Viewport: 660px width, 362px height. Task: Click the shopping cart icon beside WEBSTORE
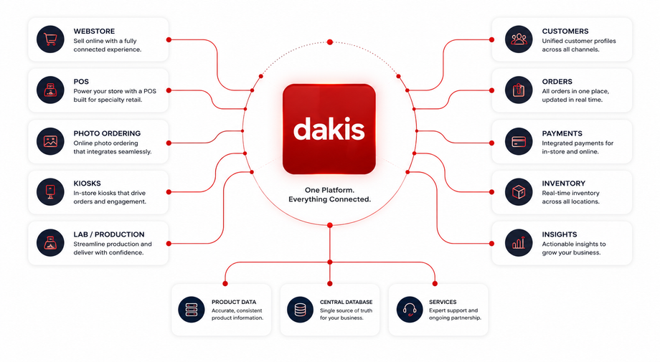[x=50, y=39]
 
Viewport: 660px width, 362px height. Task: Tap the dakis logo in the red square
[x=329, y=129]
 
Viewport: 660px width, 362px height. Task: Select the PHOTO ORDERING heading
[x=107, y=133]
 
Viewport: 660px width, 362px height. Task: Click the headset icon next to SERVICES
[x=410, y=310]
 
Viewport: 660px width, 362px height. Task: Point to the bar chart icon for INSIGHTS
[x=519, y=243]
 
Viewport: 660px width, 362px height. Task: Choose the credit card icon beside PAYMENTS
[x=519, y=142]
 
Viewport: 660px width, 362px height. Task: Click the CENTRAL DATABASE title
[x=346, y=302]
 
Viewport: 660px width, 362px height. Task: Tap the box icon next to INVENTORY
[x=519, y=192]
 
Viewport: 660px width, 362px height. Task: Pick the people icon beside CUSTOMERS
[x=519, y=39]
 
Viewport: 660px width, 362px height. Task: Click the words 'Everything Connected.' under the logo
[x=329, y=199]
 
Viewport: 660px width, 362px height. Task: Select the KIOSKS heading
[x=87, y=184]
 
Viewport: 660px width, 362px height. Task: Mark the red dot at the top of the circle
[x=330, y=42]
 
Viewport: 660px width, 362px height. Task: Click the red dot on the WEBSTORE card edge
[x=169, y=39]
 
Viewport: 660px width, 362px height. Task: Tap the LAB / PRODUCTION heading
[x=109, y=234]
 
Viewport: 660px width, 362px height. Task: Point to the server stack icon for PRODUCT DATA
[x=191, y=310]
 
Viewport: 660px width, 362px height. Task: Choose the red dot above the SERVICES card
[x=435, y=284]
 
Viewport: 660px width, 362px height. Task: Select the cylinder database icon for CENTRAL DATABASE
[x=300, y=310]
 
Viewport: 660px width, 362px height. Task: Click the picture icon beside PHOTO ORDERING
[x=50, y=142]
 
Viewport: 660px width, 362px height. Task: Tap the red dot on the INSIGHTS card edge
[x=491, y=244]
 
